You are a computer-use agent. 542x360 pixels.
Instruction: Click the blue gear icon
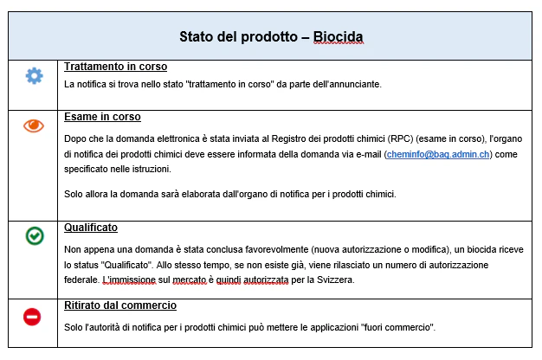34,76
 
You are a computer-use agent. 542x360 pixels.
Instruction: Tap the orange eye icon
34,126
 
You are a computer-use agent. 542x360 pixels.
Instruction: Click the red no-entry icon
32,318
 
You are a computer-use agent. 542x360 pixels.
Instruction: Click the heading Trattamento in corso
115,67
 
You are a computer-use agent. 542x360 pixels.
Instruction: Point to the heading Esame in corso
102,117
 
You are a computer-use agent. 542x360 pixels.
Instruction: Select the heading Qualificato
91,228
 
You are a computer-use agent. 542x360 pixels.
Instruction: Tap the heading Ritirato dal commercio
120,305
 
